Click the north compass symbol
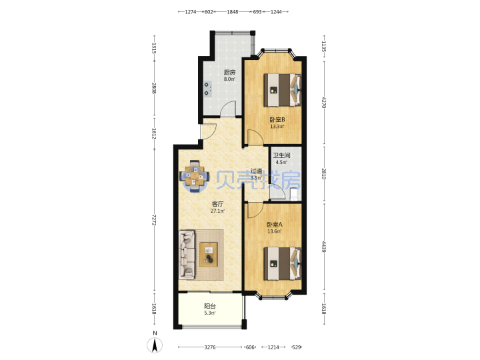155,345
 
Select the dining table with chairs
195,177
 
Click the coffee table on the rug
209,255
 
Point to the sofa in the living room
187,255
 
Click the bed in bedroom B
283,90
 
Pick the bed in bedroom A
283,263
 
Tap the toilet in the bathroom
294,195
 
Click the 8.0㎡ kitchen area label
229,79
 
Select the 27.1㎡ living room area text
217,211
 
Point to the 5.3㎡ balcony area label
210,313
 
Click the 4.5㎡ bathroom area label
281,162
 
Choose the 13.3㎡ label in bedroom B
277,127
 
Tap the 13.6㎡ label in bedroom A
275,231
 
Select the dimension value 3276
210,347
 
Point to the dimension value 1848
233,12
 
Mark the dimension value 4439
324,247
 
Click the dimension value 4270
324,103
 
